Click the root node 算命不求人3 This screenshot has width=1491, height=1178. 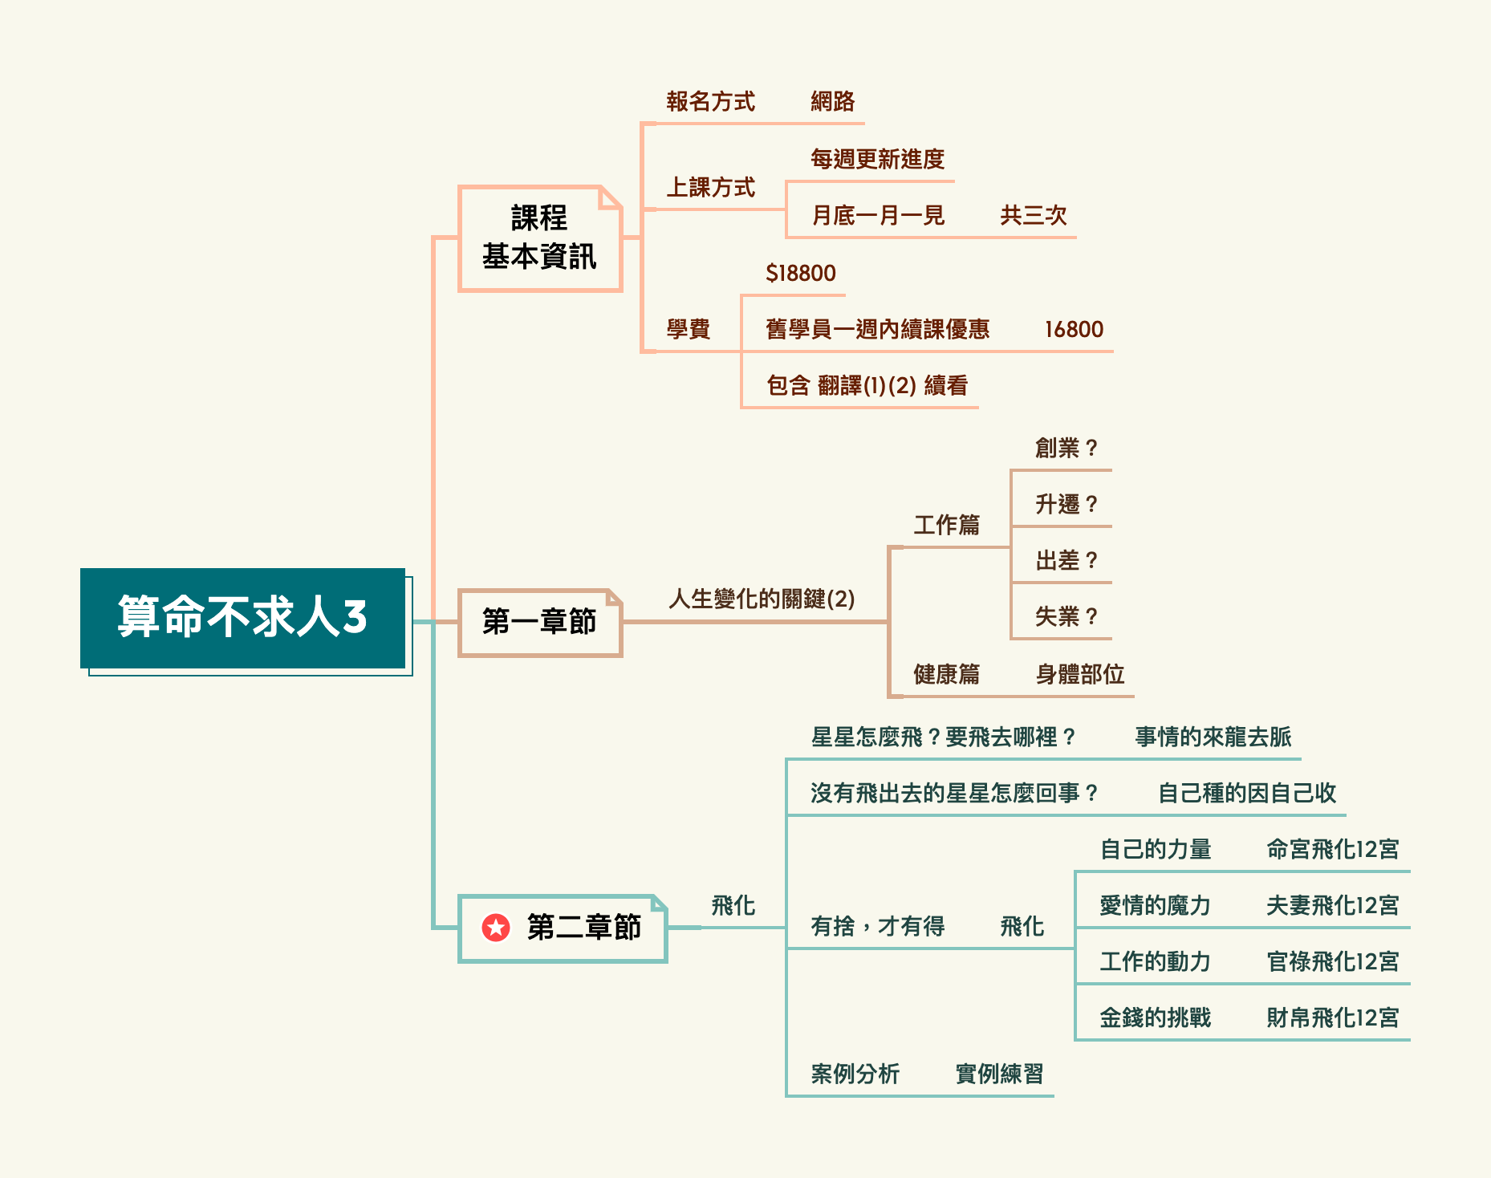point(242,617)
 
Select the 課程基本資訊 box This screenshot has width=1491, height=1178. point(539,238)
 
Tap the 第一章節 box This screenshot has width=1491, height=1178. point(539,622)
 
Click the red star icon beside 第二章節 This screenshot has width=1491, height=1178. point(496,928)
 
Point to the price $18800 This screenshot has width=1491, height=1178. point(800,274)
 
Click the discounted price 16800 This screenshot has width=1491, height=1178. point(1074,330)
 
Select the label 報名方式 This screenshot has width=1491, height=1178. point(710,102)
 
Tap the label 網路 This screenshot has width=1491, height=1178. point(832,102)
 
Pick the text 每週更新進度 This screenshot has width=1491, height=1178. point(877,160)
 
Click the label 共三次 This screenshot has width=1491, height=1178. point(1033,216)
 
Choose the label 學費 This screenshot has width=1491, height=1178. point(688,330)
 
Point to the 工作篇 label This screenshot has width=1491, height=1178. point(946,526)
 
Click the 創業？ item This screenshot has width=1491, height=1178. point(1066,448)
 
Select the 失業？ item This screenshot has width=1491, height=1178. point(1066,616)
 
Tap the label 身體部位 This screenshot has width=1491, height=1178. point(1079,674)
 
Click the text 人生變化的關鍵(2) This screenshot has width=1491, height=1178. point(762,599)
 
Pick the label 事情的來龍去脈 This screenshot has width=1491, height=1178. point(1213,737)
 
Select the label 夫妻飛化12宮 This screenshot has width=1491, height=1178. point(1332,906)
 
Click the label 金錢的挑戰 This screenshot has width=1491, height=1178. point(1155,1018)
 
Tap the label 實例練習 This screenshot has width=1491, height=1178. point(999,1074)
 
